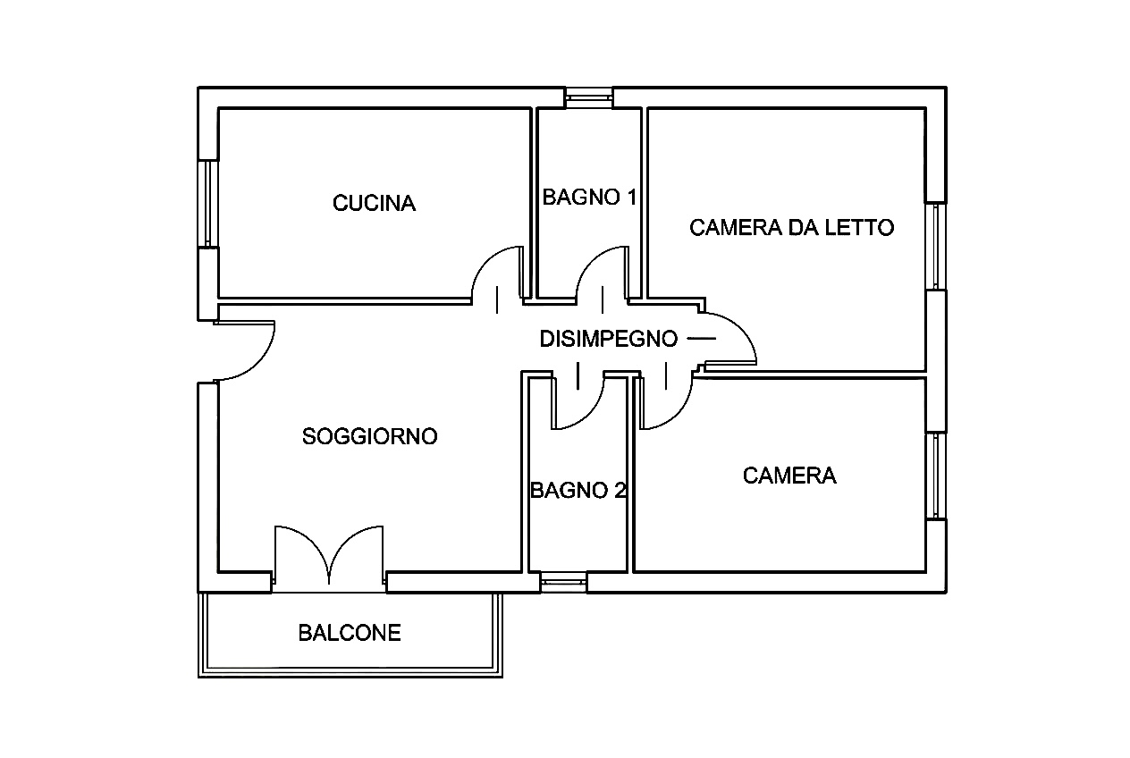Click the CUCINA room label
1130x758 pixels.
[374, 204]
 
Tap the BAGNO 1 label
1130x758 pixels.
[589, 198]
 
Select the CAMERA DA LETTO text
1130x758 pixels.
[791, 227]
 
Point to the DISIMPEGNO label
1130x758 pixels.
[608, 339]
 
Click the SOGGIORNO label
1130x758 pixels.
[370, 436]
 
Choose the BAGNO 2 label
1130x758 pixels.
[578, 490]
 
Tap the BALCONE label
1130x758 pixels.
[350, 633]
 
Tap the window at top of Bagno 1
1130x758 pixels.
[589, 97]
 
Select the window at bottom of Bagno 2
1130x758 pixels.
[564, 584]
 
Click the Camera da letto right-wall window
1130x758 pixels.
[936, 247]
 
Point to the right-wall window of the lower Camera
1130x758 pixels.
[936, 476]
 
